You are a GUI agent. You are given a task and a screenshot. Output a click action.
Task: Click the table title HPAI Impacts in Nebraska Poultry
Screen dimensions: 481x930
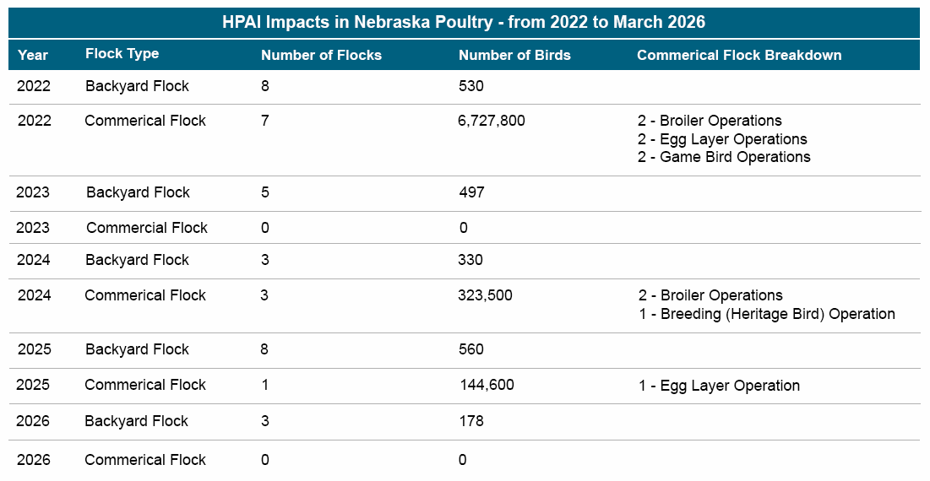point(464,23)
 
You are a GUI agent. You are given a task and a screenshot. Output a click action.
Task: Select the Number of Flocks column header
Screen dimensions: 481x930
point(321,56)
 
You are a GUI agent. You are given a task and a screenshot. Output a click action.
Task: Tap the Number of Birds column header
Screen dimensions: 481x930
point(514,56)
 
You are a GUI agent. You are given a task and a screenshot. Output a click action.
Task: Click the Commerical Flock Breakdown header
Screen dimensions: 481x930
point(739,56)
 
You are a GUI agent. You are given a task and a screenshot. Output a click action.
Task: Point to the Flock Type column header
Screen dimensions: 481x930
point(122,54)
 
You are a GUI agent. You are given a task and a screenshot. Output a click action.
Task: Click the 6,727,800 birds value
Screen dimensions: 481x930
point(491,121)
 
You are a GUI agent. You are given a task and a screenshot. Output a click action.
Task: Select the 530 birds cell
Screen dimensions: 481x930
point(471,86)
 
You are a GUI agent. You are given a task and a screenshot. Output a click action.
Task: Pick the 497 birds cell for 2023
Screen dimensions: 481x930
point(471,192)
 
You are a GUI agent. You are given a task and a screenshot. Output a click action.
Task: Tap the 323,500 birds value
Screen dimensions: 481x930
point(485,295)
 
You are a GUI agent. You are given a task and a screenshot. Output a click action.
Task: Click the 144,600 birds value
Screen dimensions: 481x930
point(487,385)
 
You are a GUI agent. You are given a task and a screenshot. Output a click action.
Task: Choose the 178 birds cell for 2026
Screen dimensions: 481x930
point(471,421)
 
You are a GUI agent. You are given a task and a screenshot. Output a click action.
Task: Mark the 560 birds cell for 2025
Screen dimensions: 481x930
point(471,349)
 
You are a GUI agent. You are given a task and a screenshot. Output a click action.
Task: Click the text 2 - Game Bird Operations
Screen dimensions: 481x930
point(724,157)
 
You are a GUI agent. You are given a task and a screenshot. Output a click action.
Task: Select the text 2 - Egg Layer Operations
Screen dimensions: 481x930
point(722,139)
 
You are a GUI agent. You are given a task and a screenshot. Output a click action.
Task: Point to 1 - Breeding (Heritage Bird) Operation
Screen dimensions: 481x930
point(766,314)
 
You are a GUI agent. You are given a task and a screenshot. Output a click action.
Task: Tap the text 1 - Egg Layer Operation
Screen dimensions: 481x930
point(719,386)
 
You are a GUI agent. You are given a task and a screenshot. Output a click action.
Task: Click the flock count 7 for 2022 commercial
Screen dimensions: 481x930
point(265,121)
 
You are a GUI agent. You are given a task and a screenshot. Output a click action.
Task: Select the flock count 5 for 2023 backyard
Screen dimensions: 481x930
point(265,192)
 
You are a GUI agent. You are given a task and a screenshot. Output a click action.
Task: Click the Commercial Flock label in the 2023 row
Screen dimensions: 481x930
point(146,228)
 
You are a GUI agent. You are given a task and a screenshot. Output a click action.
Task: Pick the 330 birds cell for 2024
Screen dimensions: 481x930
point(471,260)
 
